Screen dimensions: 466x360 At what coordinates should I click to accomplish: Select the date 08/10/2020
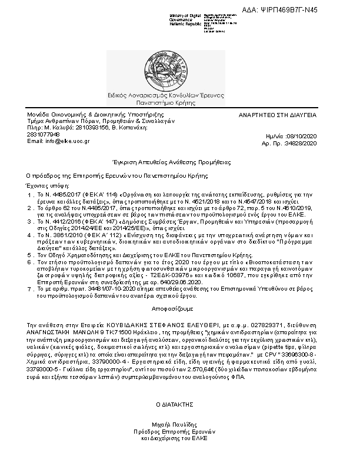[304, 136]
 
